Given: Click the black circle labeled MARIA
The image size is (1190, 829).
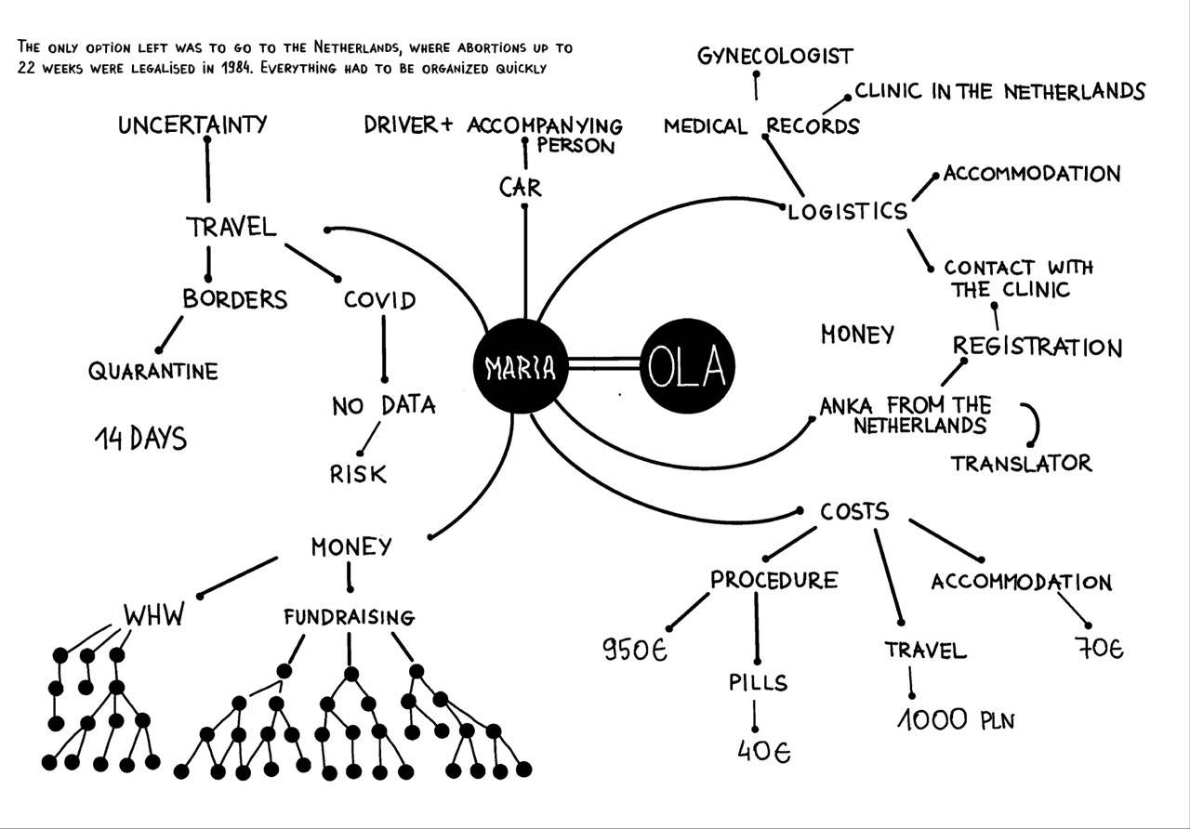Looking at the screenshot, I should tap(520, 368).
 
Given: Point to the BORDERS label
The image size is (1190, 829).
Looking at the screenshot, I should tap(235, 299).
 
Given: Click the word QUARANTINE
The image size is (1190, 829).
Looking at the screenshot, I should tap(153, 372).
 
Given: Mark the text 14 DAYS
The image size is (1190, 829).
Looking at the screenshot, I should tap(140, 439).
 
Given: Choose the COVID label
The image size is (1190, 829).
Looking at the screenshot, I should tap(379, 301).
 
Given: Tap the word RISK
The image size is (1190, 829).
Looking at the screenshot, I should tap(358, 474).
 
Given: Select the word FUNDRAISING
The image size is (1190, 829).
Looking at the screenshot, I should tap(349, 617).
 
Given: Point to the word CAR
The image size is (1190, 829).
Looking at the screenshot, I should tap(521, 188).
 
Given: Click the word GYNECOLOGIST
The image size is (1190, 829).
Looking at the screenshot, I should tap(774, 57).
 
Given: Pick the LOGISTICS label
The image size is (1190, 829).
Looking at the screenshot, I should tap(848, 212).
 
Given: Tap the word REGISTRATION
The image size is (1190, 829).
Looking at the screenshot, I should tap(1038, 348).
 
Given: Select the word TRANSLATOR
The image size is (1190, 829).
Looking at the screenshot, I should tap(1021, 463).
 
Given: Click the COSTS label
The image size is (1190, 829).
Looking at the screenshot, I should tap(854, 511).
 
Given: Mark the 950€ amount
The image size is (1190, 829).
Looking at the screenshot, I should tap(636, 650).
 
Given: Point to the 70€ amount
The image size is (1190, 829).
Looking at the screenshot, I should tap(1101, 649).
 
